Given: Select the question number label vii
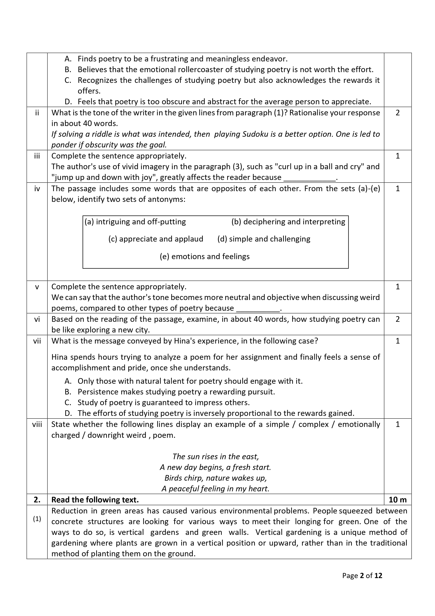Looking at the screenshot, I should pyautogui.click(x=37, y=341).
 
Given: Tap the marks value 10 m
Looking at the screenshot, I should pyautogui.click(x=397, y=500).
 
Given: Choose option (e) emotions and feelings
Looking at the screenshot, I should pyautogui.click(x=204, y=256).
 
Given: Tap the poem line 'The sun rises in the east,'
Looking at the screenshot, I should pyautogui.click(x=215, y=456).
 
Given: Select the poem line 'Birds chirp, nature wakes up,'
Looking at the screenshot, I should pyautogui.click(x=215, y=478).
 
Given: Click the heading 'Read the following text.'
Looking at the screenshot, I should pyautogui.click(x=95, y=500).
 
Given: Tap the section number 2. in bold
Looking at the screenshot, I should pyautogui.click(x=37, y=500).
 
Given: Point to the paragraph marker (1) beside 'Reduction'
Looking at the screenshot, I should pyautogui.click(x=37, y=519).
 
